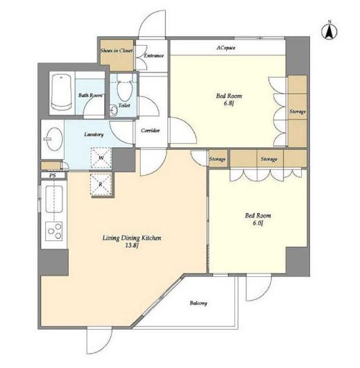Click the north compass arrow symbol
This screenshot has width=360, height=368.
(329, 31)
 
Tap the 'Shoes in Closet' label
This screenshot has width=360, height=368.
(117, 51)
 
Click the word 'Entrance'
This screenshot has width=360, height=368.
(153, 56)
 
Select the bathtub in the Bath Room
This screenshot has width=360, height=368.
(61, 92)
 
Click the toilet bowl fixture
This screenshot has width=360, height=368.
(125, 90)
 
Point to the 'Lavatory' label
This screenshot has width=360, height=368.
(94, 135)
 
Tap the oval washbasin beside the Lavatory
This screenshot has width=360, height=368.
(54, 139)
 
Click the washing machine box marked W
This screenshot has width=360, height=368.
(101, 158)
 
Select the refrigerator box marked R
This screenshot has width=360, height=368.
(101, 185)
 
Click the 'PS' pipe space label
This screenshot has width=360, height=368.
(53, 175)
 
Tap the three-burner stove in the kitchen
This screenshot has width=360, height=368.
(54, 231)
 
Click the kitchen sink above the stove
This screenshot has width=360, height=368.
(54, 199)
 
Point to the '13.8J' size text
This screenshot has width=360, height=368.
(132, 246)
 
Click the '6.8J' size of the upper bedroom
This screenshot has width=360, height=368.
(229, 103)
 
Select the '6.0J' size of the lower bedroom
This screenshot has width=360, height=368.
(258, 223)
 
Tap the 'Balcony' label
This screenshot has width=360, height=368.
(198, 303)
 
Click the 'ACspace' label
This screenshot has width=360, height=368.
(226, 48)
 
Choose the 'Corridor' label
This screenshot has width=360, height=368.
(151, 131)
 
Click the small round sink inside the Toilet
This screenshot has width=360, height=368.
(114, 110)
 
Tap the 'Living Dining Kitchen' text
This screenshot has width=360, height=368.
(132, 238)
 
